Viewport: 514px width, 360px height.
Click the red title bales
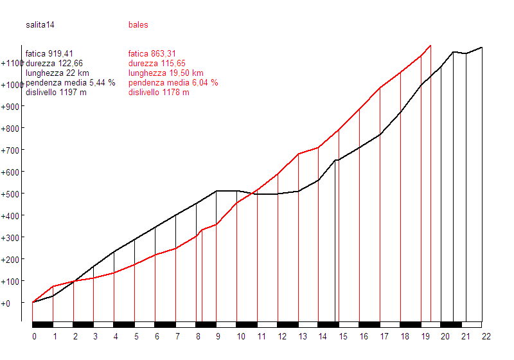pos(138,25)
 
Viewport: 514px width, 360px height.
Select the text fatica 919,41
pos(58,54)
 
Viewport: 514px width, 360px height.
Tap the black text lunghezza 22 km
pos(57,73)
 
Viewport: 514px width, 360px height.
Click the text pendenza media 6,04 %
pos(173,83)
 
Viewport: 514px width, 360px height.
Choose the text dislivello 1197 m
pos(56,93)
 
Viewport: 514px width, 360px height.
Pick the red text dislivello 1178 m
pos(159,93)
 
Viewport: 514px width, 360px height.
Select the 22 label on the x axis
pos(486,336)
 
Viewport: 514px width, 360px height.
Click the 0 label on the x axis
pos(34,336)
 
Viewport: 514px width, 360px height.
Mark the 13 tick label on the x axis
pos(302,336)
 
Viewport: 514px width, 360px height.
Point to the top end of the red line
pos(430,46)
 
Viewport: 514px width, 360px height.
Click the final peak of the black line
pos(482,48)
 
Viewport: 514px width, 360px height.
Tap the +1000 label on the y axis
pos(12,85)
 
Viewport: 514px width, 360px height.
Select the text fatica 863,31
pos(152,54)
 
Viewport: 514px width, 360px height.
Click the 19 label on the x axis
pos(425,336)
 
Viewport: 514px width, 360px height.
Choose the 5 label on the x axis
pos(136,336)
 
